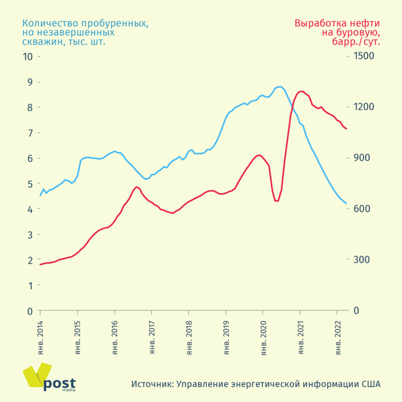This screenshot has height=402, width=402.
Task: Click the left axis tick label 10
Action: pyautogui.click(x=28, y=57)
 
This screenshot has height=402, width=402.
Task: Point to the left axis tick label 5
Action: pyautogui.click(x=30, y=184)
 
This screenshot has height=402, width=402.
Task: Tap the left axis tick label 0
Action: pyautogui.click(x=30, y=311)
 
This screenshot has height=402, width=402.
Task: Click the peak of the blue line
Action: pyautogui.click(x=279, y=86)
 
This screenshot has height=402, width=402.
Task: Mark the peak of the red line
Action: pyautogui.click(x=301, y=91)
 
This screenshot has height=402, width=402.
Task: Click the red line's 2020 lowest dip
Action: pyautogui.click(x=277, y=201)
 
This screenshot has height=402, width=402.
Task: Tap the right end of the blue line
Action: pyautogui.click(x=346, y=203)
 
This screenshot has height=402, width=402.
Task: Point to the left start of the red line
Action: pyautogui.click(x=40, y=264)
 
